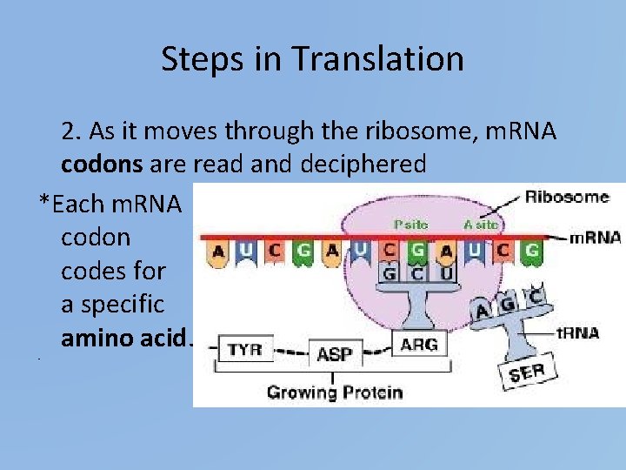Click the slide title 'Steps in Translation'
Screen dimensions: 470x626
(312, 59)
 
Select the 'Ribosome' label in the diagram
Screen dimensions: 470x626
(567, 197)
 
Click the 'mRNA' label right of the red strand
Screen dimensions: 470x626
(596, 237)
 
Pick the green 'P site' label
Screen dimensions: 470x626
(410, 224)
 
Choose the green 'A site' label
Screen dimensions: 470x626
(481, 224)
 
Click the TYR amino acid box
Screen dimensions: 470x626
(245, 351)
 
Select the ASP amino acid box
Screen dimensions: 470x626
(334, 354)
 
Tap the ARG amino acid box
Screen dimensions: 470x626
(419, 345)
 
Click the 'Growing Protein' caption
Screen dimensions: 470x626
(334, 392)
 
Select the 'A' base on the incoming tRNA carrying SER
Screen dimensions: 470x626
(482, 311)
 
